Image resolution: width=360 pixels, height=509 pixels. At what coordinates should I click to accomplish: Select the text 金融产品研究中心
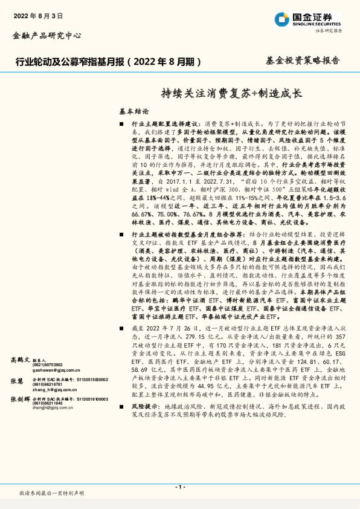pyautogui.click(x=47, y=36)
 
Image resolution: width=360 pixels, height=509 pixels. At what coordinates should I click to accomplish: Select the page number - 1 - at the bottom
pyautogui.click(x=180, y=487)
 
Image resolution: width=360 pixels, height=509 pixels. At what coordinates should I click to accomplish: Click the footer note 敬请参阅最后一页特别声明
pyautogui.click(x=52, y=494)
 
